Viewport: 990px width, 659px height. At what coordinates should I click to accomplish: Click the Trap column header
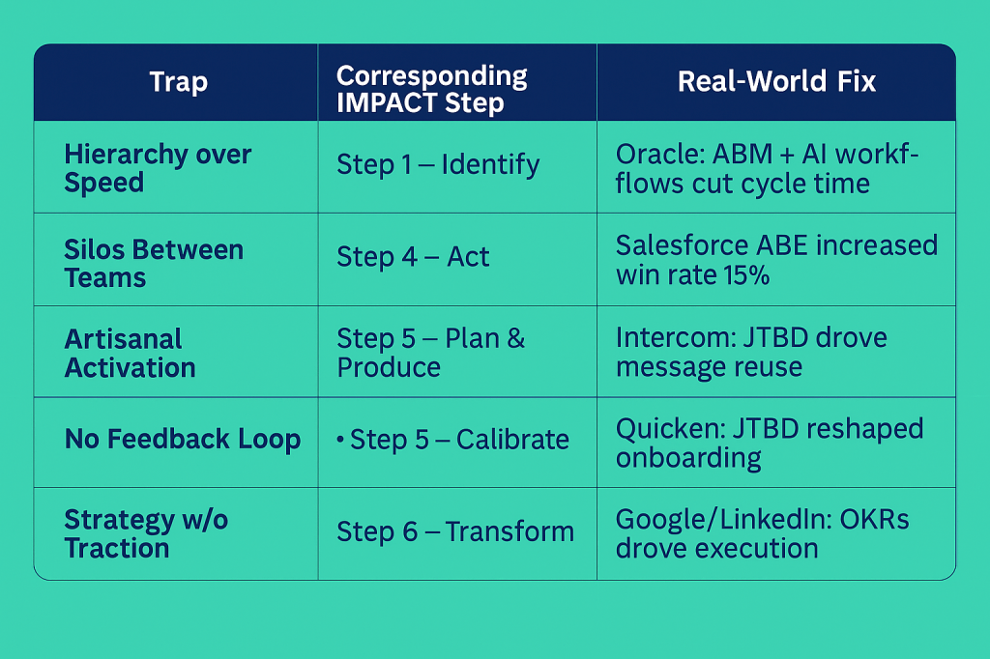178,82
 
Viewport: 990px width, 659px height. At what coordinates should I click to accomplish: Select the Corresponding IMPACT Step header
431,90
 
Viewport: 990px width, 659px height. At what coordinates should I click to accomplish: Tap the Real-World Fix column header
776,81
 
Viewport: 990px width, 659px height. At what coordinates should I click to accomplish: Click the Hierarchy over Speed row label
158,168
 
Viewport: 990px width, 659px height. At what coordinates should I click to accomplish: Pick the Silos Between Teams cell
154,264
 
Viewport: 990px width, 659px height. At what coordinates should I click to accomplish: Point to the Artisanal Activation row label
130,353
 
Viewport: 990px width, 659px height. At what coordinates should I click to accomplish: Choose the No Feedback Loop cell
182,440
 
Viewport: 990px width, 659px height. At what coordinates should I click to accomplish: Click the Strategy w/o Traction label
146,533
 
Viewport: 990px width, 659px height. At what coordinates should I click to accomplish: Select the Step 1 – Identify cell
437,164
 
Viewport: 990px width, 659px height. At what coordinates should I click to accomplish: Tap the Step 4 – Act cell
413,257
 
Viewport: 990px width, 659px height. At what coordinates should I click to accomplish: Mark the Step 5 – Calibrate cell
459,440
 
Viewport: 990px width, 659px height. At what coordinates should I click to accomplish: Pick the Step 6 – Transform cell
454,531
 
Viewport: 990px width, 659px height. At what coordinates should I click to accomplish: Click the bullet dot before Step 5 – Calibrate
340,440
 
